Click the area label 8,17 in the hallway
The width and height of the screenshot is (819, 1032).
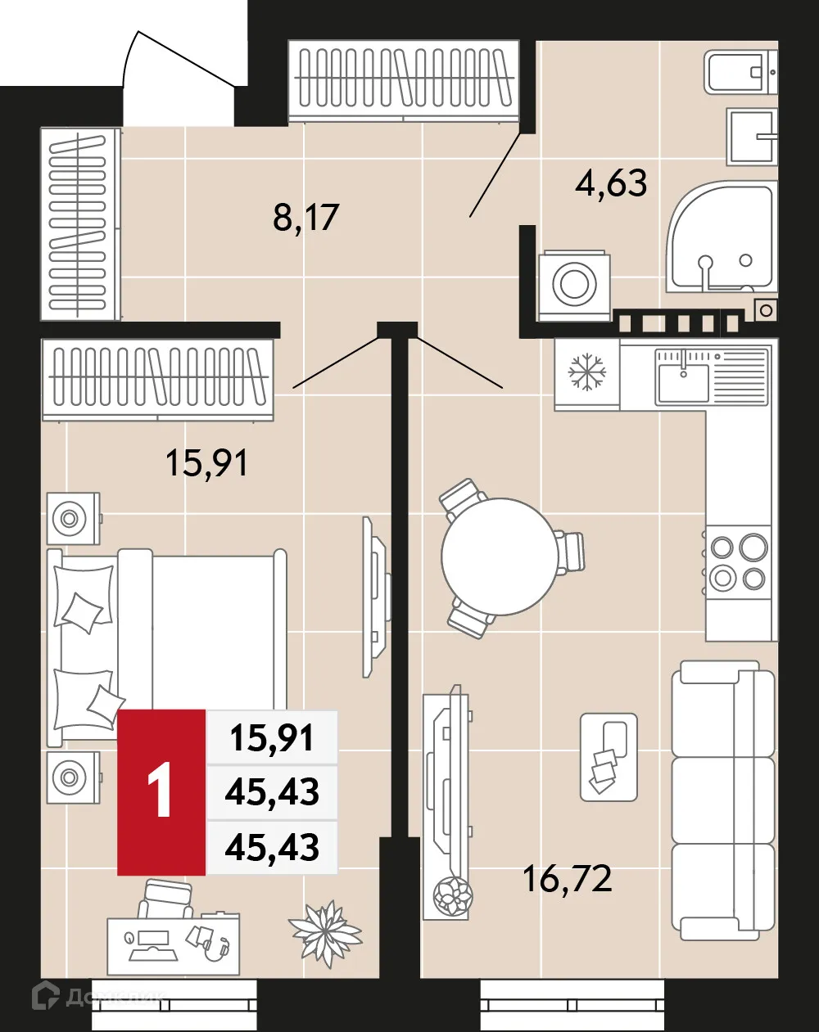(x=305, y=218)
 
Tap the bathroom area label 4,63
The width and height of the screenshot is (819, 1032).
(x=611, y=183)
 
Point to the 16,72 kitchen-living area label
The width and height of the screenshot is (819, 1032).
(x=567, y=879)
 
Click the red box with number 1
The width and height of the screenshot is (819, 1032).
(x=161, y=791)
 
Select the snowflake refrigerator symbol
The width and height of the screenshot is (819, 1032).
(x=587, y=372)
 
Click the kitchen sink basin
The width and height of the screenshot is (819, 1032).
(x=682, y=383)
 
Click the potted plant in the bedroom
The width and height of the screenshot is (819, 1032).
(x=325, y=932)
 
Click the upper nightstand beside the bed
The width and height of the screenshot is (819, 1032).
(x=73, y=518)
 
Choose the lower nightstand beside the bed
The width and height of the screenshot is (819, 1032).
(x=73, y=777)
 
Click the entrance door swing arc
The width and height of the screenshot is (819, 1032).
(x=176, y=61)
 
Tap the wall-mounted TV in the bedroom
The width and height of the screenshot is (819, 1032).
(x=375, y=597)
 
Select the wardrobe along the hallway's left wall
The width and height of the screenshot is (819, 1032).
(x=79, y=223)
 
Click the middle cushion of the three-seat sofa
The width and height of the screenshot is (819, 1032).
(x=722, y=800)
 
